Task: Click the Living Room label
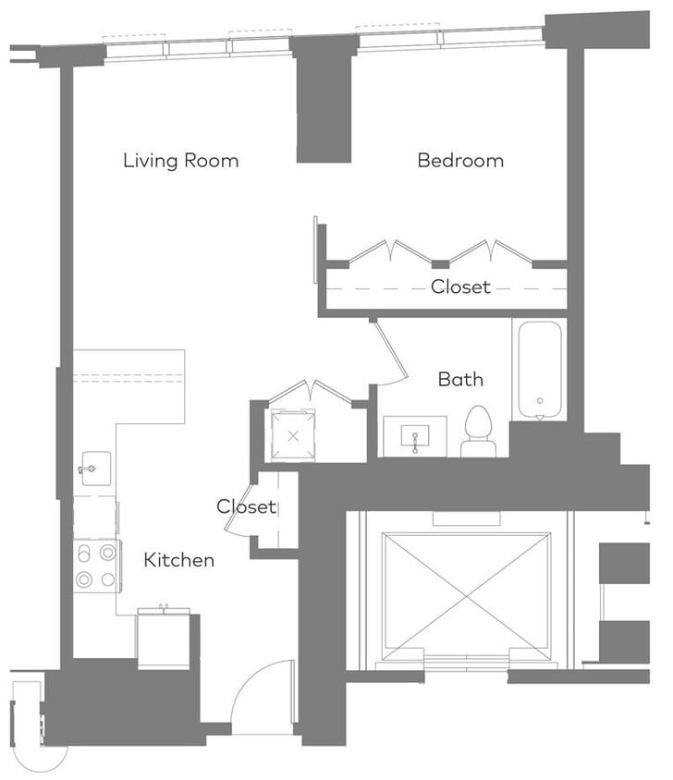tap(180, 161)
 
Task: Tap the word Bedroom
tap(460, 161)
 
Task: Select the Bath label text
tap(460, 379)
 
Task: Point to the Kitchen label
tap(179, 560)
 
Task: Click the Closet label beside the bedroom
tap(460, 287)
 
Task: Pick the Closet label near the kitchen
tap(246, 506)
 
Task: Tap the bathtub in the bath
tap(539, 369)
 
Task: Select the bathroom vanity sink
tap(415, 436)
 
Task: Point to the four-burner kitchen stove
tap(96, 566)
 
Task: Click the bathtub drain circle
tap(539, 403)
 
